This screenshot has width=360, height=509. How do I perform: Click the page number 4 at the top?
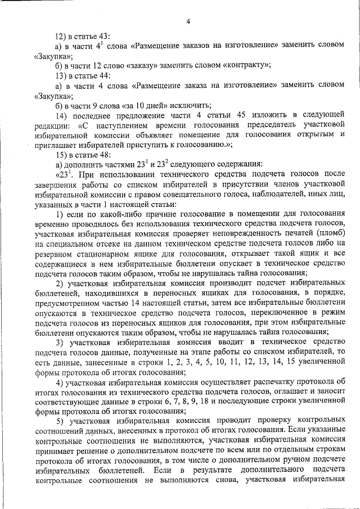[188, 22]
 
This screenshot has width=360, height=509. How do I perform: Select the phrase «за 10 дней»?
[148, 105]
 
